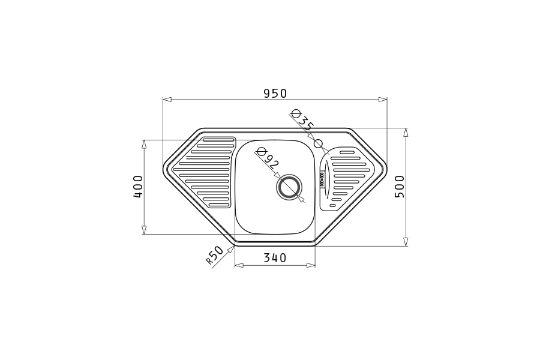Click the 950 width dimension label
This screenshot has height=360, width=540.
[275, 94]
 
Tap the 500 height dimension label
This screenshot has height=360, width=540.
[400, 187]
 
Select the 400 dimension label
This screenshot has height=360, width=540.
[138, 187]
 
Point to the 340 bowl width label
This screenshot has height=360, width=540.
[275, 257]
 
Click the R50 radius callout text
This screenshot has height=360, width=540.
[215, 255]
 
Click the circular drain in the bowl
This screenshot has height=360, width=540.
[289, 187]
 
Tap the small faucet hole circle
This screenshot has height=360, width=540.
[319, 143]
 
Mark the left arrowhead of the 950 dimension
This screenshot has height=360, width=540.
[167, 100]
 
